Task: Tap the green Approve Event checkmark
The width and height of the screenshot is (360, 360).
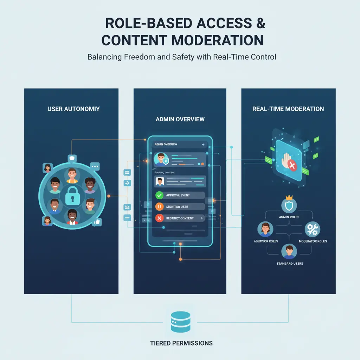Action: pyautogui.click(x=159, y=195)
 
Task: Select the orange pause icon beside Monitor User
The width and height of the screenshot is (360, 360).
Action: pyautogui.click(x=159, y=207)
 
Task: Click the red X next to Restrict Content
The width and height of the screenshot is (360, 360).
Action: pyautogui.click(x=159, y=218)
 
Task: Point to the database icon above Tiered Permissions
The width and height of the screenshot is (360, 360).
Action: pyautogui.click(x=180, y=321)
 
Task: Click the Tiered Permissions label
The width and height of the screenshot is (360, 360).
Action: pyautogui.click(x=181, y=343)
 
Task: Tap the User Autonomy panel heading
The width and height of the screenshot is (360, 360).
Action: pyautogui.click(x=73, y=109)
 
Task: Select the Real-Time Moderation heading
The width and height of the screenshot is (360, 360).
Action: pyautogui.click(x=288, y=109)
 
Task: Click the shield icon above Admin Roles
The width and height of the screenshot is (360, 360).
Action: pyautogui.click(x=289, y=206)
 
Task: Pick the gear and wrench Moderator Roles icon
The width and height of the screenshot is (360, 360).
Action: pyautogui.click(x=312, y=229)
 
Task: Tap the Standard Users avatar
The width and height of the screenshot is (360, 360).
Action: pyautogui.click(x=289, y=252)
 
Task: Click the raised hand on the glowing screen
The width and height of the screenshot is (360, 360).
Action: pyautogui.click(x=286, y=160)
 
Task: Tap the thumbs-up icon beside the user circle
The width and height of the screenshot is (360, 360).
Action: pyautogui.click(x=97, y=222)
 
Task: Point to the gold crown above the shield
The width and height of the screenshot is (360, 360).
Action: pyautogui.click(x=289, y=197)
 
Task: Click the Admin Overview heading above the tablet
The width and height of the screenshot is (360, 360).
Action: pyautogui.click(x=180, y=120)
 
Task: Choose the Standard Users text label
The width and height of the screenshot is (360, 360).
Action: pyautogui.click(x=289, y=263)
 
